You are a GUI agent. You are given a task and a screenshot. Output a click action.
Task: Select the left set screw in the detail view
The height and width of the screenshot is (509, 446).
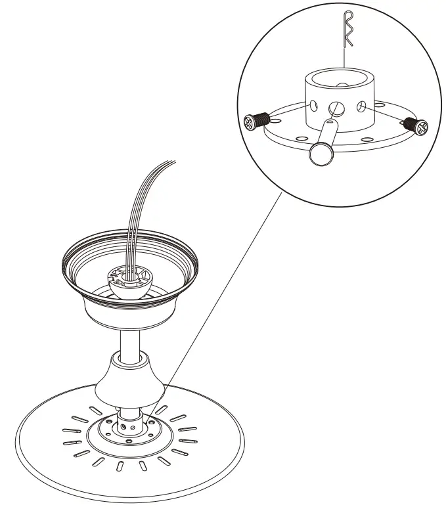pos(256,122)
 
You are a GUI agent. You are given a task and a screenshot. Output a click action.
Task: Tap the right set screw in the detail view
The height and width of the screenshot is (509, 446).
pos(416,124)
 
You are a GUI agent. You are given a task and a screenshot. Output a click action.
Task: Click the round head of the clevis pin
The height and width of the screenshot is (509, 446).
pos(319,154)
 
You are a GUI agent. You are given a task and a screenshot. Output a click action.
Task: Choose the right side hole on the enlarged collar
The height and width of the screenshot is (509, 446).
pos(362,105)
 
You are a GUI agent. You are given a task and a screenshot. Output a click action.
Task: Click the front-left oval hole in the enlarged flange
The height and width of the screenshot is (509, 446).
pos(299,139)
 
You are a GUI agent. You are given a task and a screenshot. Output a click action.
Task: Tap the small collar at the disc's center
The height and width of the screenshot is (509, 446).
pos(127,421)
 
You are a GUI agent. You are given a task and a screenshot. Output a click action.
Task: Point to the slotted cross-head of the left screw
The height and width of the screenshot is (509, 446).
pos(250,122)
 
